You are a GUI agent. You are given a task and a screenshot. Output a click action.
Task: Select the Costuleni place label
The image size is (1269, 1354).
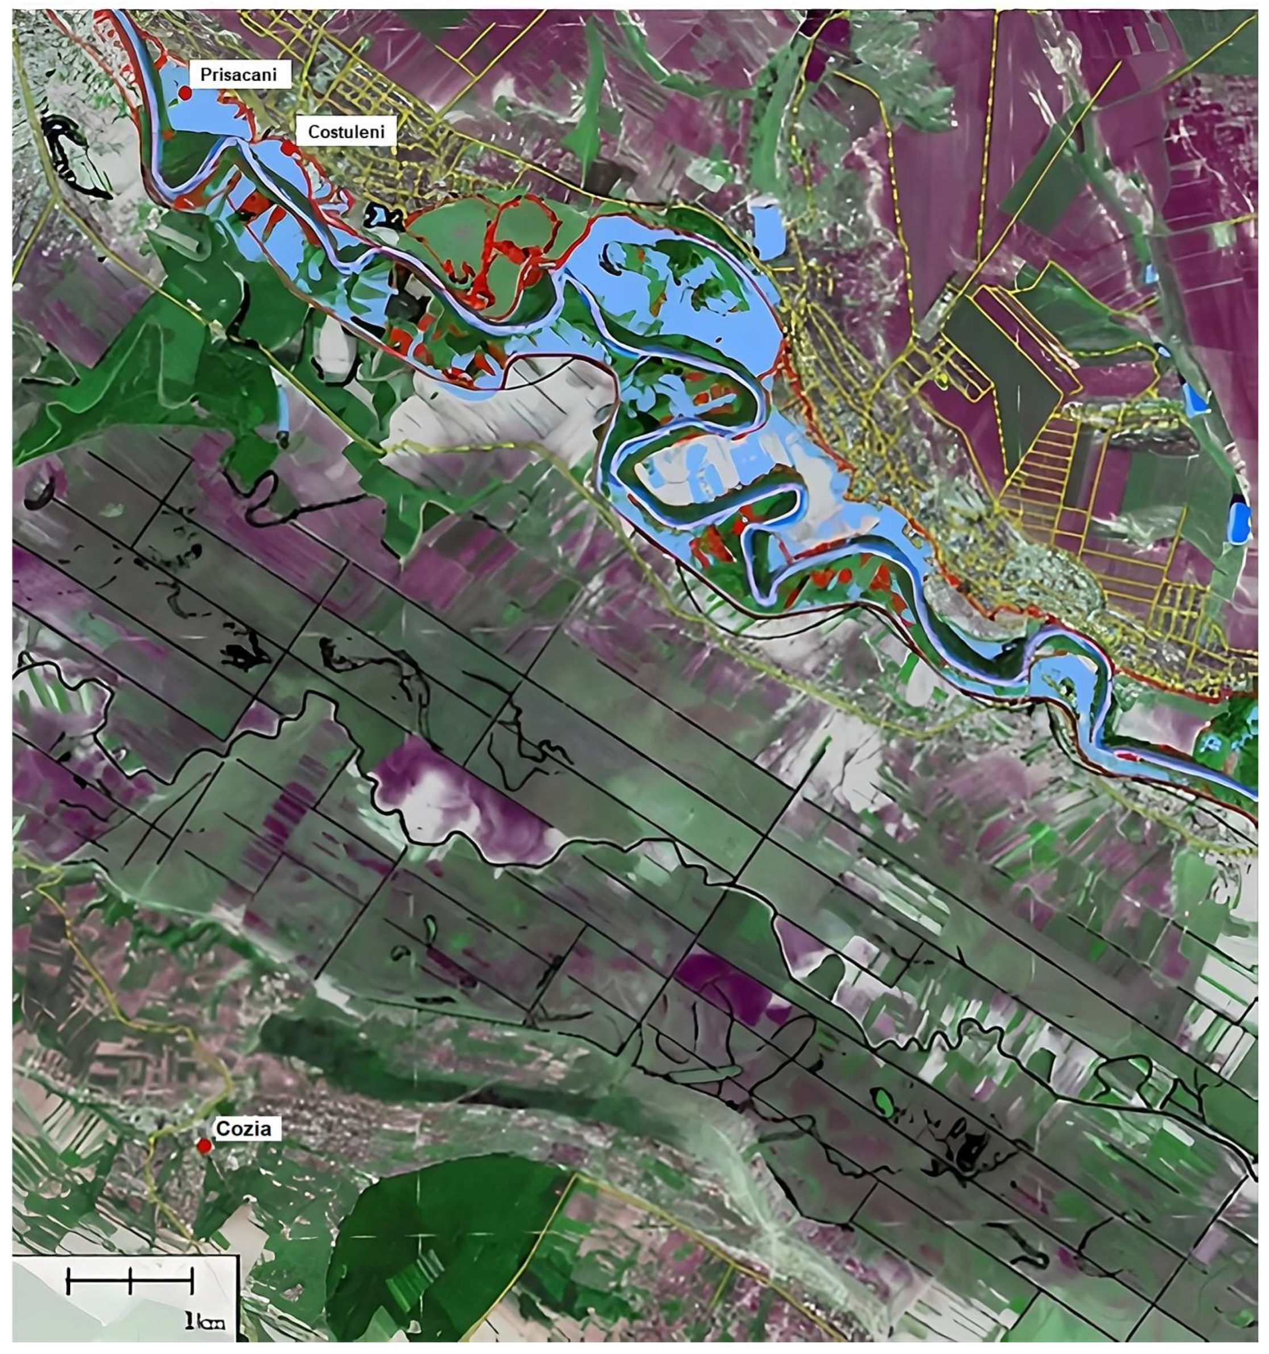[346, 131]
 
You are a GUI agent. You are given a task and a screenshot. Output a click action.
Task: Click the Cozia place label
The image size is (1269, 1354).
[243, 1129]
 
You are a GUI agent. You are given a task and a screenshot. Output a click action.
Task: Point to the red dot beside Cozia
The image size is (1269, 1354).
[204, 1146]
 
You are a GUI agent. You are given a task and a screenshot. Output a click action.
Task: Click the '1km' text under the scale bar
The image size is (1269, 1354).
[204, 1323]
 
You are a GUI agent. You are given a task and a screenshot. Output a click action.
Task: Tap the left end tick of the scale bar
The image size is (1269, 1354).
[68, 1281]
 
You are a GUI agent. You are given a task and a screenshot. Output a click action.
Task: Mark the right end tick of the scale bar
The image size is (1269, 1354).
[192, 1281]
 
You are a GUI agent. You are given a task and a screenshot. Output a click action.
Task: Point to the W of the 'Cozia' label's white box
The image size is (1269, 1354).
[212, 1129]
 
